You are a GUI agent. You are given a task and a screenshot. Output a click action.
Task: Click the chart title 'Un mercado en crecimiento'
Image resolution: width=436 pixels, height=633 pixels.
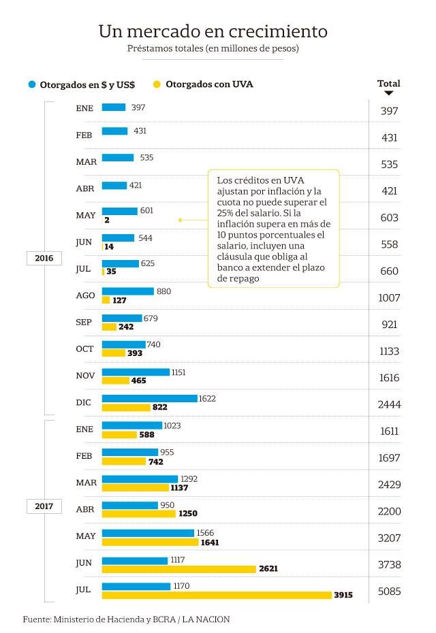tap(213, 31)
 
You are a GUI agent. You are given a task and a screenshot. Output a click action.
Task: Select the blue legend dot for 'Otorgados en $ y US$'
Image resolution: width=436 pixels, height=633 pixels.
tap(31, 85)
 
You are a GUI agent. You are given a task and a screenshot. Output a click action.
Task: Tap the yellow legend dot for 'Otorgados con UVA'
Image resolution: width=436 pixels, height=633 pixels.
tap(157, 85)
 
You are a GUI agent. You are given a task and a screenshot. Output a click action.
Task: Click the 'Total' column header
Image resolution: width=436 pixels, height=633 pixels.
tap(388, 84)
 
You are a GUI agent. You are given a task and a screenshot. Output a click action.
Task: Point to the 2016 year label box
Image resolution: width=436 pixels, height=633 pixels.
tap(44, 259)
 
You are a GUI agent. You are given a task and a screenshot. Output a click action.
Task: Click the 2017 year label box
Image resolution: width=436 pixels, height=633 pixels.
tap(44, 506)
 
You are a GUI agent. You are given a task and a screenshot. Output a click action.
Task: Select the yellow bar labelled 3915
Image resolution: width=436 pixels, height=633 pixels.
tap(217, 595)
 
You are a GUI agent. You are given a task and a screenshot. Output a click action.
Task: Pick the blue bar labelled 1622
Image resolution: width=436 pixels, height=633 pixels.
tap(149, 398)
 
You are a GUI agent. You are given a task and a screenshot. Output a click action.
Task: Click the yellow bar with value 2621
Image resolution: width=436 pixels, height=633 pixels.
tap(178, 568)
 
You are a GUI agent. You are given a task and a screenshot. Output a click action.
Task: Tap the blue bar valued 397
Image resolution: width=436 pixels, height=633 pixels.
tap(114, 107)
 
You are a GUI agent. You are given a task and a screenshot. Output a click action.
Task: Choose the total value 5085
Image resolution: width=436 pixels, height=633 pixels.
tap(389, 591)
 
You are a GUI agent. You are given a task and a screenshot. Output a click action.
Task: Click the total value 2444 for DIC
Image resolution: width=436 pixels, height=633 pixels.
tap(389, 404)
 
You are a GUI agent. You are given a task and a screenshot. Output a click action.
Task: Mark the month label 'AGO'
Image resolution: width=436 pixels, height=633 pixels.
tap(84, 295)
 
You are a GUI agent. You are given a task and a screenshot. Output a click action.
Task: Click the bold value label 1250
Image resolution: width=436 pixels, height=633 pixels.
tap(187, 515)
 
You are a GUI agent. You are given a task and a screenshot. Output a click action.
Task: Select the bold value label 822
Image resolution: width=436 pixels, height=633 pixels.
tap(159, 408)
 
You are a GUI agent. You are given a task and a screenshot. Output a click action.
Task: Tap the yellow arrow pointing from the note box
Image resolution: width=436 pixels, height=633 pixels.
tap(181, 220)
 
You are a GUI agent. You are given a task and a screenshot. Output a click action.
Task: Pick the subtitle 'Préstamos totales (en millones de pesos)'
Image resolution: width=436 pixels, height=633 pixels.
tap(213, 49)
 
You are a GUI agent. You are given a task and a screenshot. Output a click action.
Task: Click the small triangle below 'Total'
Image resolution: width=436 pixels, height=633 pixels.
tap(388, 93)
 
